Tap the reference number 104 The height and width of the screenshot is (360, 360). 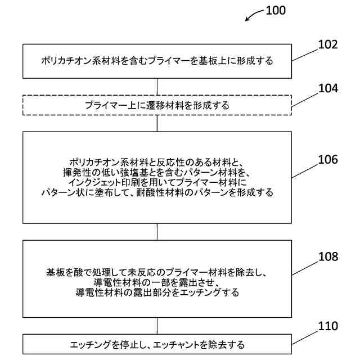[x=328, y=88]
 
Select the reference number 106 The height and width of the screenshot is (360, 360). [x=327, y=160]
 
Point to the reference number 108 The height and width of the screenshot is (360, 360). [x=327, y=257]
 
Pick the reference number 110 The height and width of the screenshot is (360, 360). [x=327, y=326]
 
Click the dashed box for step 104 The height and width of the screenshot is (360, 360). [x=157, y=105]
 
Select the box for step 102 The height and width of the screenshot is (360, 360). [x=157, y=61]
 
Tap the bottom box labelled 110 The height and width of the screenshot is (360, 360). [x=157, y=344]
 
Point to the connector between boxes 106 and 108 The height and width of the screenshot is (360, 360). [x=157, y=232]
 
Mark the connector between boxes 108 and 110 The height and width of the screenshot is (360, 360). [x=157, y=326]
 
